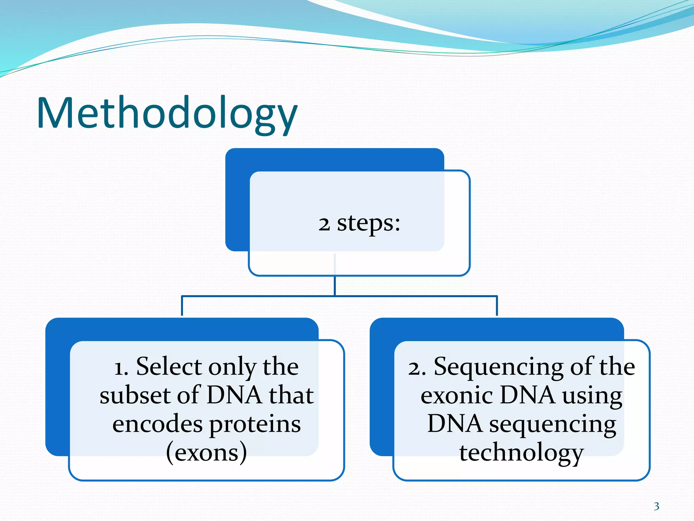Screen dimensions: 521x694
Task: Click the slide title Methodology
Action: point(167,114)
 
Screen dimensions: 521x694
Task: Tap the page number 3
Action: point(656,506)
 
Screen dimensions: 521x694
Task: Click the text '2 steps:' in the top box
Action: point(359,224)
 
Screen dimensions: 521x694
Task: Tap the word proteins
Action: point(255,425)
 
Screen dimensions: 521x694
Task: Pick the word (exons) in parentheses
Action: point(206,453)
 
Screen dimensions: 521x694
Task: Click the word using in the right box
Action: point(592,396)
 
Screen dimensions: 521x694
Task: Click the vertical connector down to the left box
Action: point(182,306)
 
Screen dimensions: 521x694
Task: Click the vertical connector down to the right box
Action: point(497,306)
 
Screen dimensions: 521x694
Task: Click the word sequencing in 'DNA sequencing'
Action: point(552,425)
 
